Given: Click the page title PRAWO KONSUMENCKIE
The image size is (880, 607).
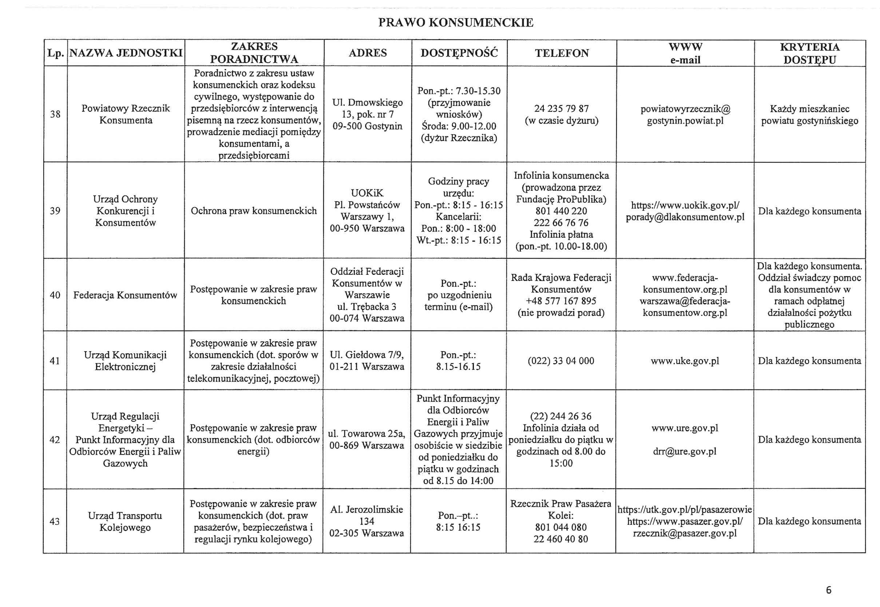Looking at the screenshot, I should click(455, 23).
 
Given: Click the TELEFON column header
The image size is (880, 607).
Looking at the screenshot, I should click(562, 53).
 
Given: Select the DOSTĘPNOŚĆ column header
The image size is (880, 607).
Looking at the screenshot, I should click(459, 53).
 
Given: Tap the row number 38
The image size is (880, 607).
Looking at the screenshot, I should click(55, 114).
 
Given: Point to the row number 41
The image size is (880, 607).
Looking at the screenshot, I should click(55, 361).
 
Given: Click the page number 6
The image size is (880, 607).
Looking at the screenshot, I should click(829, 590).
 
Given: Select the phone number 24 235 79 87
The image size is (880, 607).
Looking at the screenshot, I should click(561, 109).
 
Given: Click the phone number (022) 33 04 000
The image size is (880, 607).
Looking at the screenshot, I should click(560, 361).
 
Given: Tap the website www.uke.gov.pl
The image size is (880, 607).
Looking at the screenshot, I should click(685, 361).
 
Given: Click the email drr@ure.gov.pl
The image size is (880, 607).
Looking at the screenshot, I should click(685, 452).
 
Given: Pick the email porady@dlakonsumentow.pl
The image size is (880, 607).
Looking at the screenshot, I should click(685, 217).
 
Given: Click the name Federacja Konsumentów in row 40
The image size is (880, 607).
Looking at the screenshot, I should click(125, 295).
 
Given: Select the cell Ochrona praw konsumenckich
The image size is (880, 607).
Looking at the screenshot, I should click(254, 211).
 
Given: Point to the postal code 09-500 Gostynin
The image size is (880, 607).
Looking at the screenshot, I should click(367, 126).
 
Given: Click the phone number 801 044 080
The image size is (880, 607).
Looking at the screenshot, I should click(560, 527).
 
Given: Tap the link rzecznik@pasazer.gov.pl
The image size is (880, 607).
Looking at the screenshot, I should click(685, 533).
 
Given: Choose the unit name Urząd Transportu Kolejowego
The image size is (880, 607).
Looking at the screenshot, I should click(125, 521).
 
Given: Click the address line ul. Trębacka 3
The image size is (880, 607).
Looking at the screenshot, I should click(366, 306).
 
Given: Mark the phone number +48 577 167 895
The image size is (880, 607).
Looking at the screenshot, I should click(561, 301).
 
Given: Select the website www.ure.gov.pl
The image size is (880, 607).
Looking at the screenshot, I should click(685, 428).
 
